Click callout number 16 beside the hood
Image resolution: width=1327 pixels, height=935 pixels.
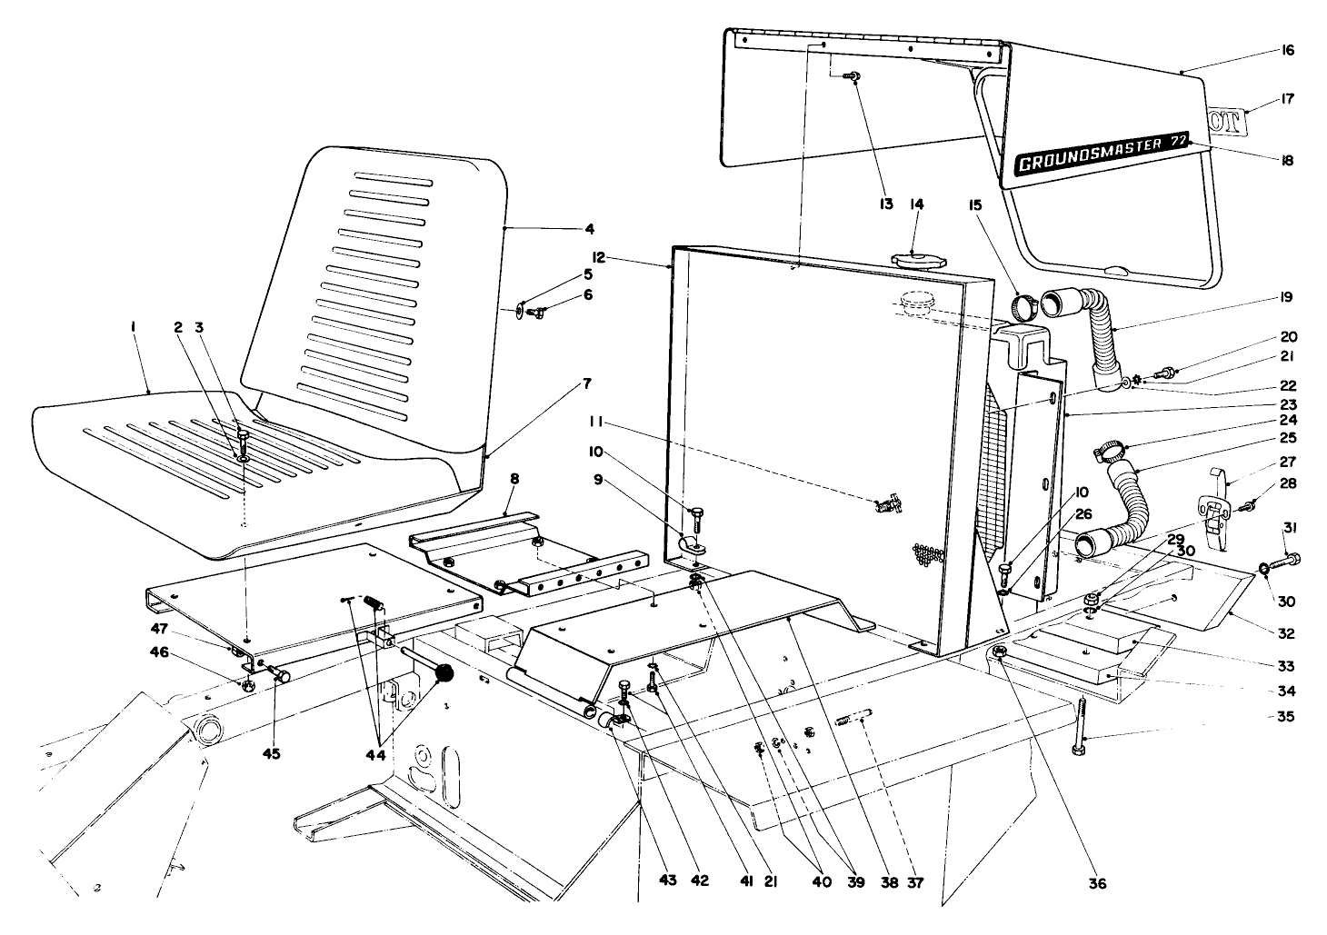click(1287, 51)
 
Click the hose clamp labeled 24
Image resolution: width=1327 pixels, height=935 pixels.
click(1107, 448)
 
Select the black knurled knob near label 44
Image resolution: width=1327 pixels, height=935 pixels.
click(444, 674)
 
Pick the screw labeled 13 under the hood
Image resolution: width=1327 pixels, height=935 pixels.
click(852, 77)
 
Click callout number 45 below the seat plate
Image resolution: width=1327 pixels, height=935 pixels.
click(271, 752)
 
